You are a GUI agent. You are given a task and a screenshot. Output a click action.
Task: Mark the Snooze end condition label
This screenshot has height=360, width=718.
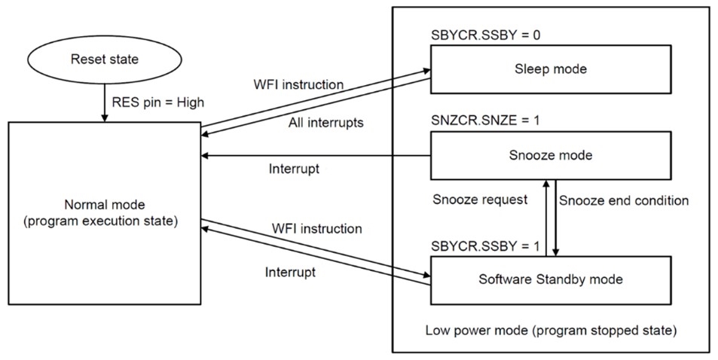pos(624,200)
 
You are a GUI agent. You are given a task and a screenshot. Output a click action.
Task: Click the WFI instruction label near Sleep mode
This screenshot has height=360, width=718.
pos(300,84)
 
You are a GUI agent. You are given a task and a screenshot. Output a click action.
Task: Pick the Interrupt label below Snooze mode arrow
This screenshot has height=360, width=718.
pos(294,169)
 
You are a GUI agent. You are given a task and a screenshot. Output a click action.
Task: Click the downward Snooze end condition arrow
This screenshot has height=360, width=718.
pos(556,218)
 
